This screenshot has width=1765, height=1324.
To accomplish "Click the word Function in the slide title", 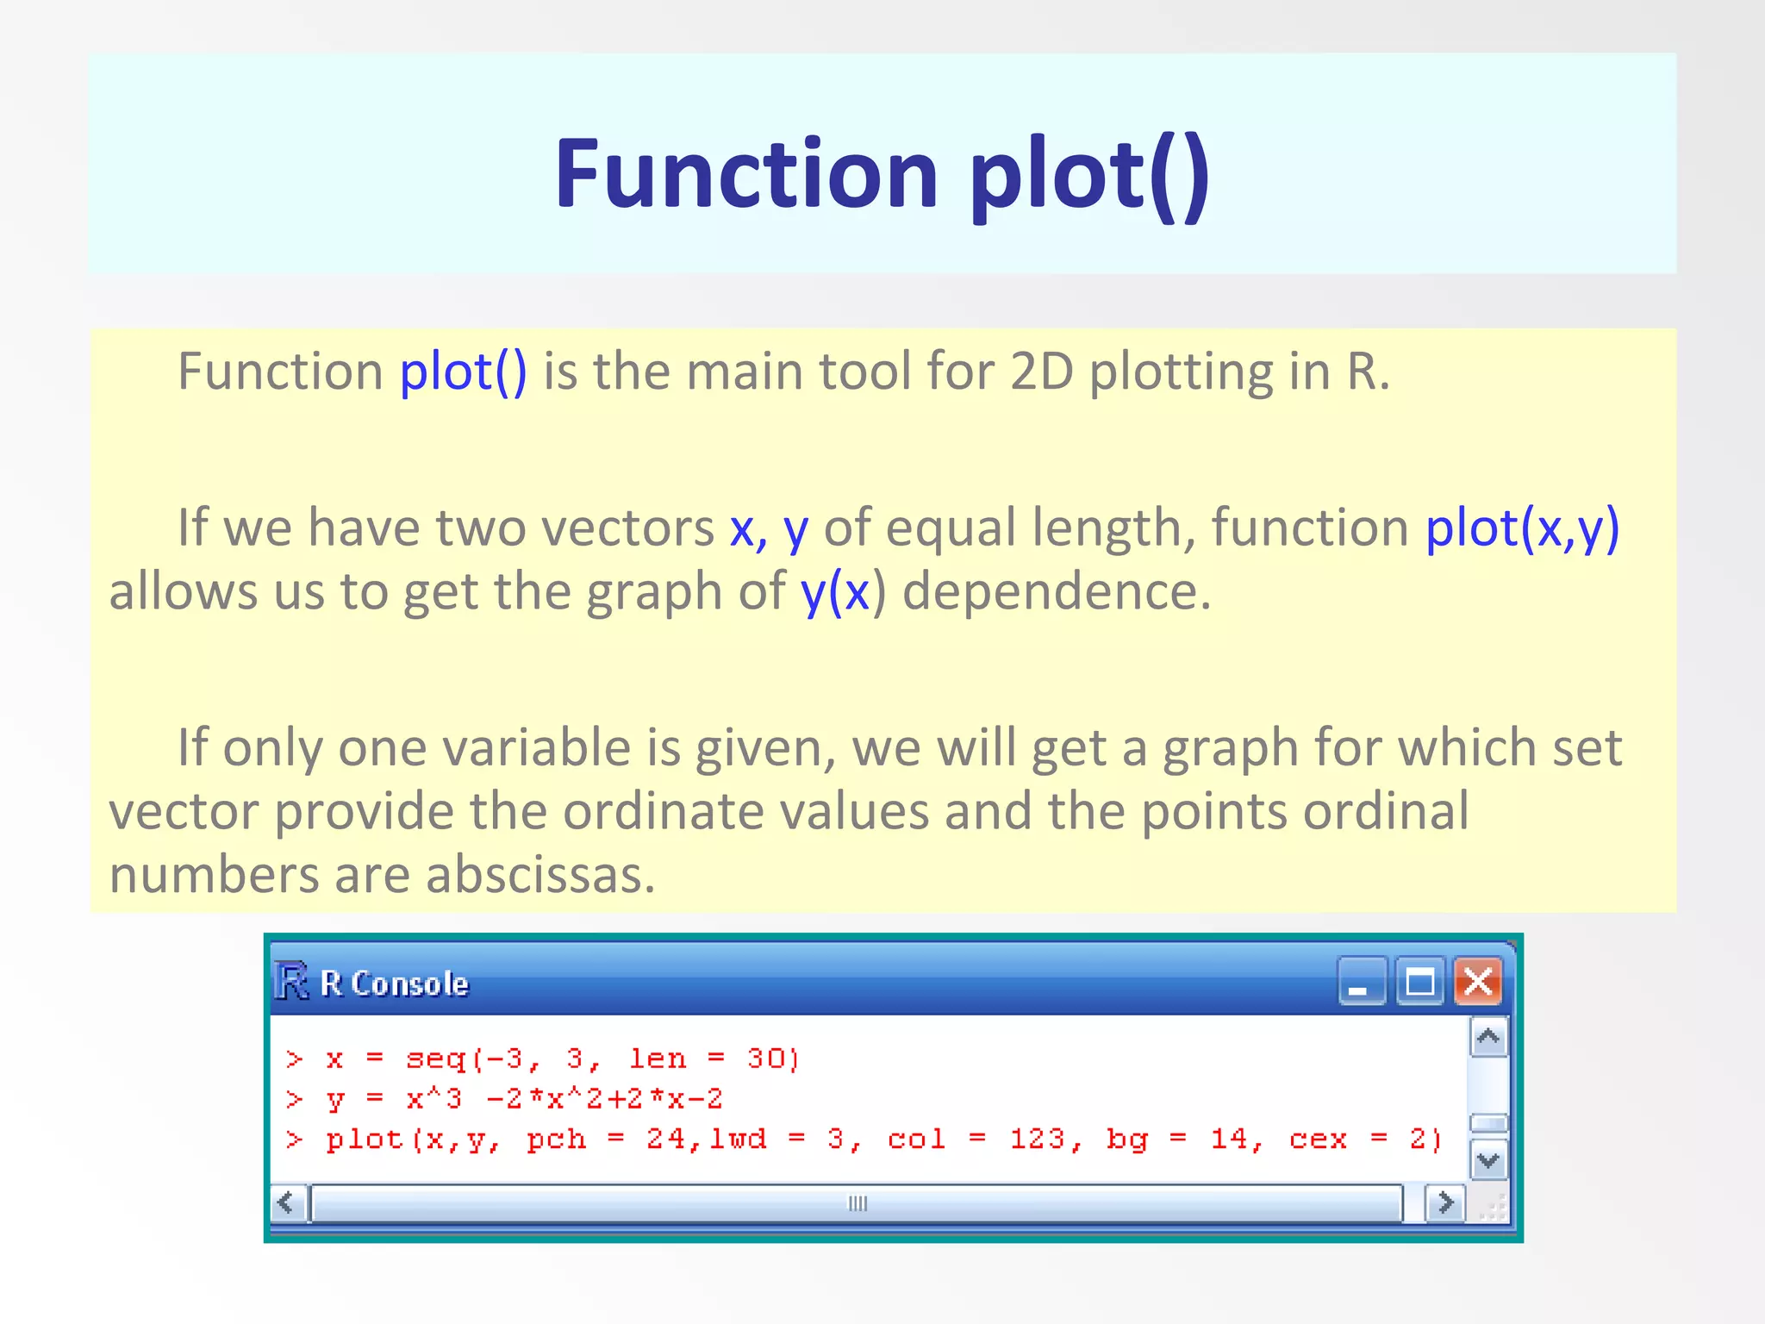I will coord(746,175).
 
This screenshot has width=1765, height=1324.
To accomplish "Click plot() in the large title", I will coord(1089,177).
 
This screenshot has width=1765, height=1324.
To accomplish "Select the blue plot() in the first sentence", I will coord(463,372).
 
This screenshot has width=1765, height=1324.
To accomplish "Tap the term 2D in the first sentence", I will coord(1041,372).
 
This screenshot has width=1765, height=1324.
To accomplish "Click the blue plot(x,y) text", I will coord(1522,528).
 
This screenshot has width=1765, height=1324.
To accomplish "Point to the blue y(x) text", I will coord(835,592).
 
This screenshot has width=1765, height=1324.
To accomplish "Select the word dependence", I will coord(1056,592).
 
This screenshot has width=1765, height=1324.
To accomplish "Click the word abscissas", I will coord(540,875).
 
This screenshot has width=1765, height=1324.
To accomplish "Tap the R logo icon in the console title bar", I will coord(291,982).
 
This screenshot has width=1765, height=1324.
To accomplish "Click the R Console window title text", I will coord(394,984).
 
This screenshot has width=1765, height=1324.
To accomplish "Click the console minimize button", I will coord(1361,982).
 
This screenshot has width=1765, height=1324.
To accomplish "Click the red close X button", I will coord(1478,982).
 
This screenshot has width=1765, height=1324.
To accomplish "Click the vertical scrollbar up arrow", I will coord(1488,1037).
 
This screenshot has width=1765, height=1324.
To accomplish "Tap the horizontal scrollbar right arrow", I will coord(1445,1202).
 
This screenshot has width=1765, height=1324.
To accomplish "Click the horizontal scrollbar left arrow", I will coord(288,1202).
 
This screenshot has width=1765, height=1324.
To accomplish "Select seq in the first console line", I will coord(435,1059).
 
